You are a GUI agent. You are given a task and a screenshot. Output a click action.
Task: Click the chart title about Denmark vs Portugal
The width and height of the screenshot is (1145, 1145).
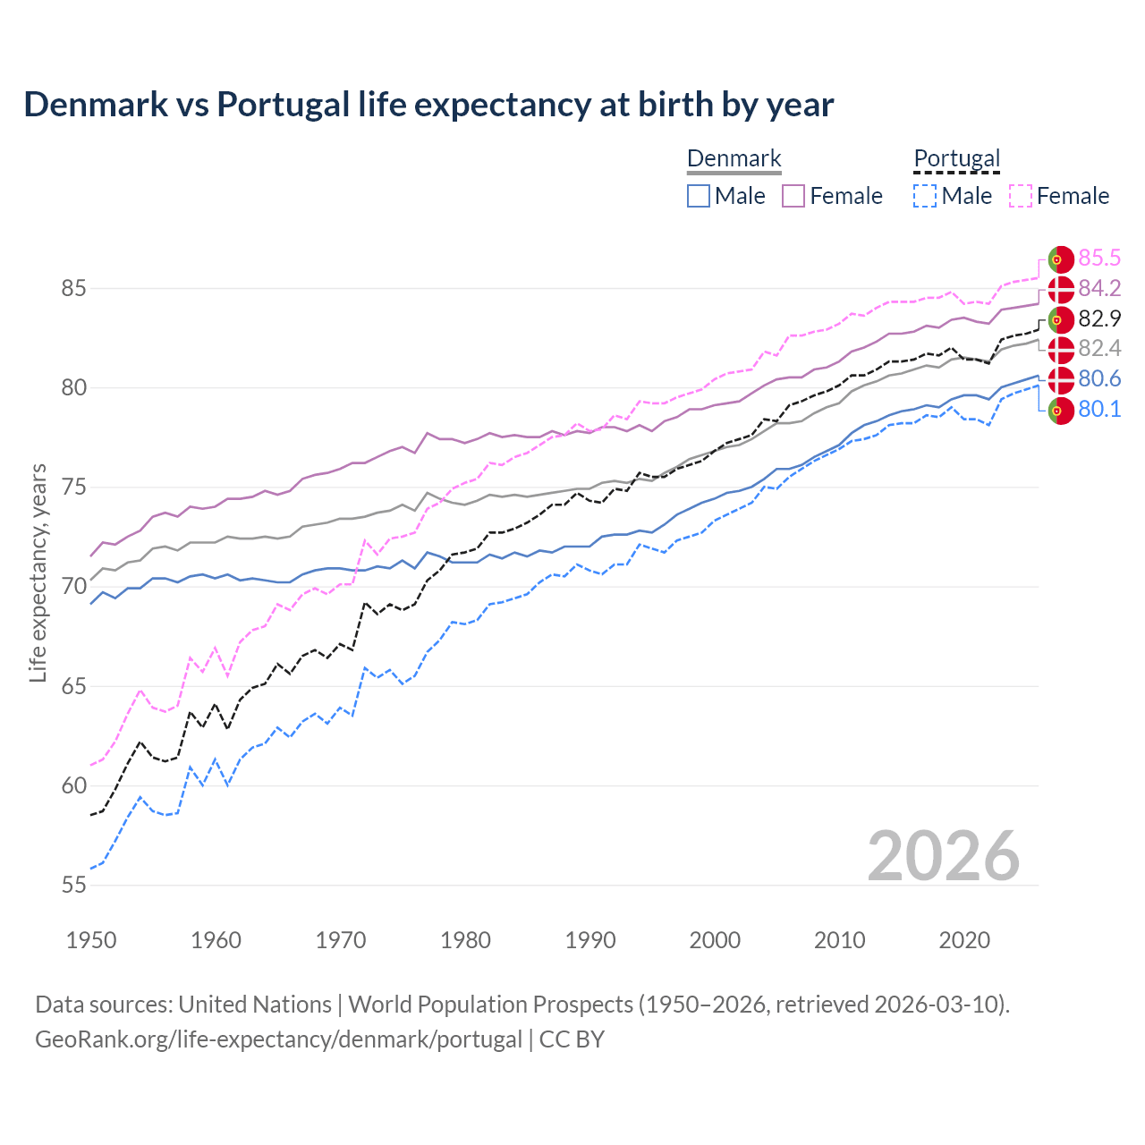pyautogui.click(x=428, y=105)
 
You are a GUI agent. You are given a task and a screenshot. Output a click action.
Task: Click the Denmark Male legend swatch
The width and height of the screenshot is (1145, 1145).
pyautogui.click(x=699, y=196)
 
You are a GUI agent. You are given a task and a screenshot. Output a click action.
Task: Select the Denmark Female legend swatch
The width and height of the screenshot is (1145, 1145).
pyautogui.click(x=793, y=196)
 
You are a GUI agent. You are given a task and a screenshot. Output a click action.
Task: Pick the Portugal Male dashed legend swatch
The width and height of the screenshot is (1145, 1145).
pyautogui.click(x=925, y=196)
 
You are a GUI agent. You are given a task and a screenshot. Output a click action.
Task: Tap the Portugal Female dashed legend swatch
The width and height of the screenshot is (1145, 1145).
pyautogui.click(x=1021, y=196)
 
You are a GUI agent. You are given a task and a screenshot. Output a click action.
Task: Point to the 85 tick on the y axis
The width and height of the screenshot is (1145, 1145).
pyautogui.click(x=73, y=289)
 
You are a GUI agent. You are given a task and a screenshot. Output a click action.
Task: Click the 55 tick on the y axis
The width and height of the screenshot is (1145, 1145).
pyautogui.click(x=73, y=886)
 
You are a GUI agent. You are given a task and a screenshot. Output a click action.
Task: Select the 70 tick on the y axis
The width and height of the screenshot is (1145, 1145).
pyautogui.click(x=73, y=587)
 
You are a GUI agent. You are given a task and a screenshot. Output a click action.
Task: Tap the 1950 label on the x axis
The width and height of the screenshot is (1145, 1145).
pyautogui.click(x=91, y=940)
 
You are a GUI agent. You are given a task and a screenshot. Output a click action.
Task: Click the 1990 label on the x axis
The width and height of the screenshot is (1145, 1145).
pyautogui.click(x=590, y=940)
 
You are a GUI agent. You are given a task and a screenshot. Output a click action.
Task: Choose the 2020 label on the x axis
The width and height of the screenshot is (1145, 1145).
pyautogui.click(x=964, y=940)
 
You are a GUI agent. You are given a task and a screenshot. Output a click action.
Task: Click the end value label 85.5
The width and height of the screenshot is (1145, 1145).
pyautogui.click(x=1099, y=259)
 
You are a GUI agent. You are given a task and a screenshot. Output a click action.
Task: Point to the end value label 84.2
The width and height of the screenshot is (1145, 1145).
pyautogui.click(x=1099, y=288)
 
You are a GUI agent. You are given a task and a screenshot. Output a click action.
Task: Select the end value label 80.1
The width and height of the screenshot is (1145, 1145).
pyautogui.click(x=1099, y=410)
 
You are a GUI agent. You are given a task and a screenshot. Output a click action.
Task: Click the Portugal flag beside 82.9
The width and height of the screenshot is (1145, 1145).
pyautogui.click(x=1061, y=319)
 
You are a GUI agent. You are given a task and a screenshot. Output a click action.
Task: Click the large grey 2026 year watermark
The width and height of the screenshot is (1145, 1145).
pyautogui.click(x=944, y=856)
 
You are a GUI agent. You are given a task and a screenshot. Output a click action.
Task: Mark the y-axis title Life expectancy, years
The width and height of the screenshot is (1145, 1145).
pyautogui.click(x=38, y=572)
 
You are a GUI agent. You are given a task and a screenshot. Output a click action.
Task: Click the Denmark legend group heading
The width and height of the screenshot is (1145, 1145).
pyautogui.click(x=734, y=159)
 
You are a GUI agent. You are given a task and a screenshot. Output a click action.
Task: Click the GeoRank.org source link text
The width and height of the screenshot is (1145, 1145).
pyautogui.click(x=278, y=1039)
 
